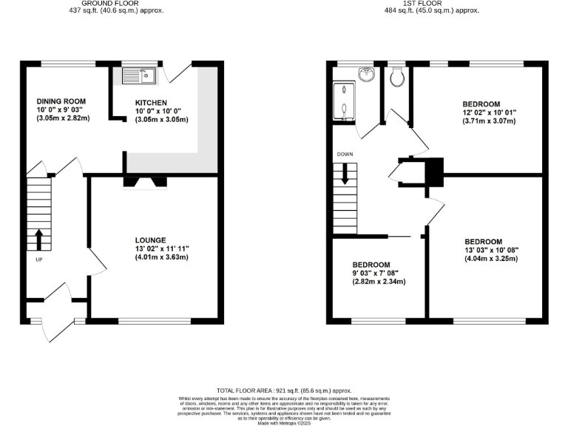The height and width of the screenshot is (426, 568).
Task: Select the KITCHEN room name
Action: point(150,103)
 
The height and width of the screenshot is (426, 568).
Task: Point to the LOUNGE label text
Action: point(150,240)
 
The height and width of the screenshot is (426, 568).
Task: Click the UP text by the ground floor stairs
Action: point(38,260)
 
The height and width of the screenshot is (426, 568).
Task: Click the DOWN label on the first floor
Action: point(345,155)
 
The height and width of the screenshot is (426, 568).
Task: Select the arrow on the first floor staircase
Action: point(345,175)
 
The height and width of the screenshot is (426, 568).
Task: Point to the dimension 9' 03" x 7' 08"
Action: point(380,273)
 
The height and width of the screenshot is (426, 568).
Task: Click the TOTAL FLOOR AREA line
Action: point(284,390)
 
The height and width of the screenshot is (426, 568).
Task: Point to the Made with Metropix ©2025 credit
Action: point(284,422)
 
